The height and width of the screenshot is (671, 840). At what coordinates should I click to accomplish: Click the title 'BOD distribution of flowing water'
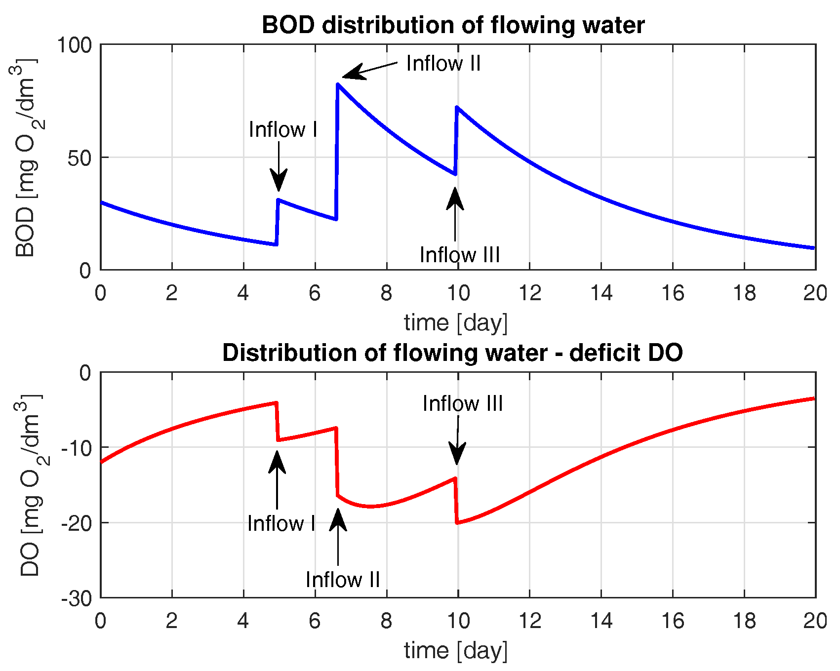(x=453, y=25)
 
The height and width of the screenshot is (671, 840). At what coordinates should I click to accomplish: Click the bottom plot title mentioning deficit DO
(x=452, y=353)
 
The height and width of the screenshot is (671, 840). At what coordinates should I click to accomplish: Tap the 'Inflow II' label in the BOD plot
(x=443, y=63)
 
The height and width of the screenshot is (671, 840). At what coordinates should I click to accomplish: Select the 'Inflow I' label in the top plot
(x=282, y=129)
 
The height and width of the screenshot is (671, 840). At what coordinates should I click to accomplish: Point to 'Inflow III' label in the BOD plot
(x=459, y=255)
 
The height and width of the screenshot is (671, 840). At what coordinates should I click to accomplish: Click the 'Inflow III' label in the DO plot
(x=462, y=403)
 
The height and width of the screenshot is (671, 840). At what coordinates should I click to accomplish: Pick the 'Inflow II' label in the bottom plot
(x=342, y=580)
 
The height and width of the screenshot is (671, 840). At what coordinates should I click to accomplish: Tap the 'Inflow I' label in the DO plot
(x=281, y=523)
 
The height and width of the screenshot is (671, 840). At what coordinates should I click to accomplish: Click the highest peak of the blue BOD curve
(x=338, y=84)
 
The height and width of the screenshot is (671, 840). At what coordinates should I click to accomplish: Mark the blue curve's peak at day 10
(x=457, y=107)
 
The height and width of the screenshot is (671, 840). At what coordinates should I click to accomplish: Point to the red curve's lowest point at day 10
(x=457, y=523)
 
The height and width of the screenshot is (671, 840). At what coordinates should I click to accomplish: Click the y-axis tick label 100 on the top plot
(x=75, y=45)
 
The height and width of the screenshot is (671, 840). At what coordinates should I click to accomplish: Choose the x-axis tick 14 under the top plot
(x=601, y=293)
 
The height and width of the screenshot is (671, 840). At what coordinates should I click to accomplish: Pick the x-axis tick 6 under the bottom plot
(x=315, y=621)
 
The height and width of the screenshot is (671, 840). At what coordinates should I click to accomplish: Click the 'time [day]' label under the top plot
(x=455, y=323)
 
